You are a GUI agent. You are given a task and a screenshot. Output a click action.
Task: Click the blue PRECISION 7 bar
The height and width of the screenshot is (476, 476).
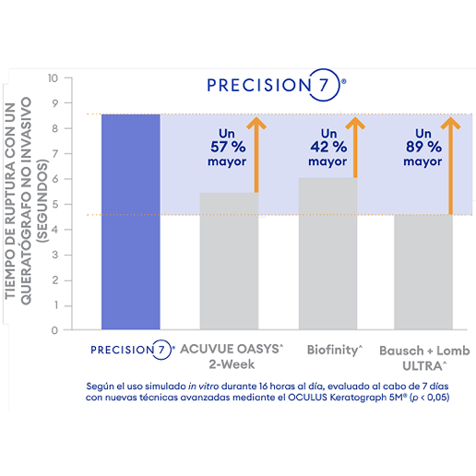coord(130,221)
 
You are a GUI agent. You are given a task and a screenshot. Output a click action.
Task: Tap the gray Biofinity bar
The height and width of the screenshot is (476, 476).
coord(327,254)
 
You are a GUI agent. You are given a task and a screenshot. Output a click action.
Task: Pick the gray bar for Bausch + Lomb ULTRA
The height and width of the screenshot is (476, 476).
coord(422,272)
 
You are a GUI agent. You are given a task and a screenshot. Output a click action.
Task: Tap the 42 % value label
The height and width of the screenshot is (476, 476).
coord(327,146)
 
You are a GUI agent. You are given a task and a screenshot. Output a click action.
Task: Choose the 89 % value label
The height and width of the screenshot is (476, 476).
coord(422,146)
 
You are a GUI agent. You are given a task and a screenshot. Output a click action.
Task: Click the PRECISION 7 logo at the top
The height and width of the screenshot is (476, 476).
coord(276,85)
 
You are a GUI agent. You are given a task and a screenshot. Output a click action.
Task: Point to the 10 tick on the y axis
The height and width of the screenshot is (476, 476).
coord(53,78)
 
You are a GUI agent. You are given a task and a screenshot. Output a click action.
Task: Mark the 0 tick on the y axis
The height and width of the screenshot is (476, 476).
coord(55,329)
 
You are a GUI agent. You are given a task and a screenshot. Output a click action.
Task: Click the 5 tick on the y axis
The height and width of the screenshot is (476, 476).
coord(55,204)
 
